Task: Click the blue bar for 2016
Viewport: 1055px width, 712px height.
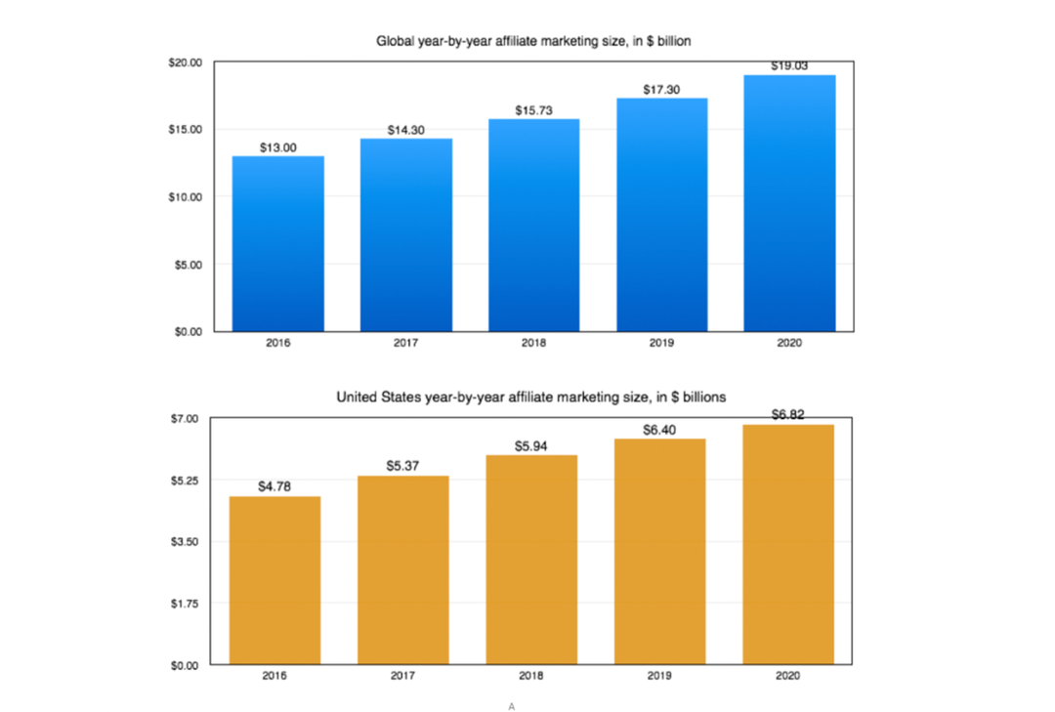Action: (x=277, y=243)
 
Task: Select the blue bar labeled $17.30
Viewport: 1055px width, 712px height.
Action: (x=662, y=215)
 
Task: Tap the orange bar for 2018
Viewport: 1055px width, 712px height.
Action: (x=531, y=560)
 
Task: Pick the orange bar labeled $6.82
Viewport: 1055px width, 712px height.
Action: (x=788, y=544)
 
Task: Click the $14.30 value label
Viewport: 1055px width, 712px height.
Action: (x=405, y=130)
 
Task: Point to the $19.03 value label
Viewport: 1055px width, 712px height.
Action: (x=789, y=66)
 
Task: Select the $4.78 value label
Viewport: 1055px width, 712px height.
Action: (x=274, y=486)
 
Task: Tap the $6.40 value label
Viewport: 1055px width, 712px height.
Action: (x=659, y=430)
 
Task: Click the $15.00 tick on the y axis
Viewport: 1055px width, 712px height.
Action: (x=185, y=129)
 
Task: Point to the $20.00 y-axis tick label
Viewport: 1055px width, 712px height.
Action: (x=185, y=63)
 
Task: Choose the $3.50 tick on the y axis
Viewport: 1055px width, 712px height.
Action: (x=185, y=542)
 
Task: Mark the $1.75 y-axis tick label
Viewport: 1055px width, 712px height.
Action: (x=185, y=604)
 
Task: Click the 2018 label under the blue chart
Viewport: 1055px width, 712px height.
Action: (x=533, y=343)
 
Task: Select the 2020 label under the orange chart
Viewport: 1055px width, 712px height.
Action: (x=788, y=676)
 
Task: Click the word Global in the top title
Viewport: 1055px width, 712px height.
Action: (x=396, y=41)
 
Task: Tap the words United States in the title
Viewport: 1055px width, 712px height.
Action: (x=379, y=398)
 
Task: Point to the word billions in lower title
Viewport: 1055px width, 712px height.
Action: (x=704, y=398)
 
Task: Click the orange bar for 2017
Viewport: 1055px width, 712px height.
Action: (x=403, y=570)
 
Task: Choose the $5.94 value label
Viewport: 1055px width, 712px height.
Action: (x=530, y=446)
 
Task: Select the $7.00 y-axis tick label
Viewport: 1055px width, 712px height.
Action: (x=185, y=419)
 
